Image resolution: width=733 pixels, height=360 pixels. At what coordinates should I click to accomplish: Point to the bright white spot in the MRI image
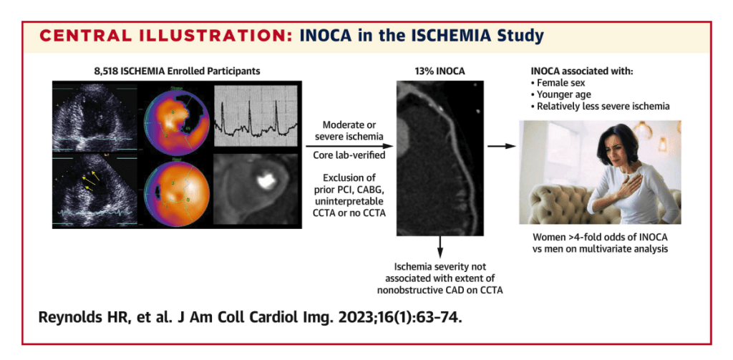(266, 180)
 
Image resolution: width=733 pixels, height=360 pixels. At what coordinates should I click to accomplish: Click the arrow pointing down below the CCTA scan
(440, 246)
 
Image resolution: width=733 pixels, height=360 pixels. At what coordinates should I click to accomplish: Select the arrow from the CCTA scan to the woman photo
(502, 146)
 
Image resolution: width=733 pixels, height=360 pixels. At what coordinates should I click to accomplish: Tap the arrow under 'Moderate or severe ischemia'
(349, 147)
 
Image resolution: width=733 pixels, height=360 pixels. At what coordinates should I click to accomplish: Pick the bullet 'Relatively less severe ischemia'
(601, 106)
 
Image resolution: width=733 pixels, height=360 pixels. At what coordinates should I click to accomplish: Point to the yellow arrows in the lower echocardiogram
(90, 181)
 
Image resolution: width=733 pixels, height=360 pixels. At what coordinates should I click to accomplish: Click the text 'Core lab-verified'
(349, 155)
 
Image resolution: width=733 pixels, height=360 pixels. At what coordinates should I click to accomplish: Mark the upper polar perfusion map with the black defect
(175, 120)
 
